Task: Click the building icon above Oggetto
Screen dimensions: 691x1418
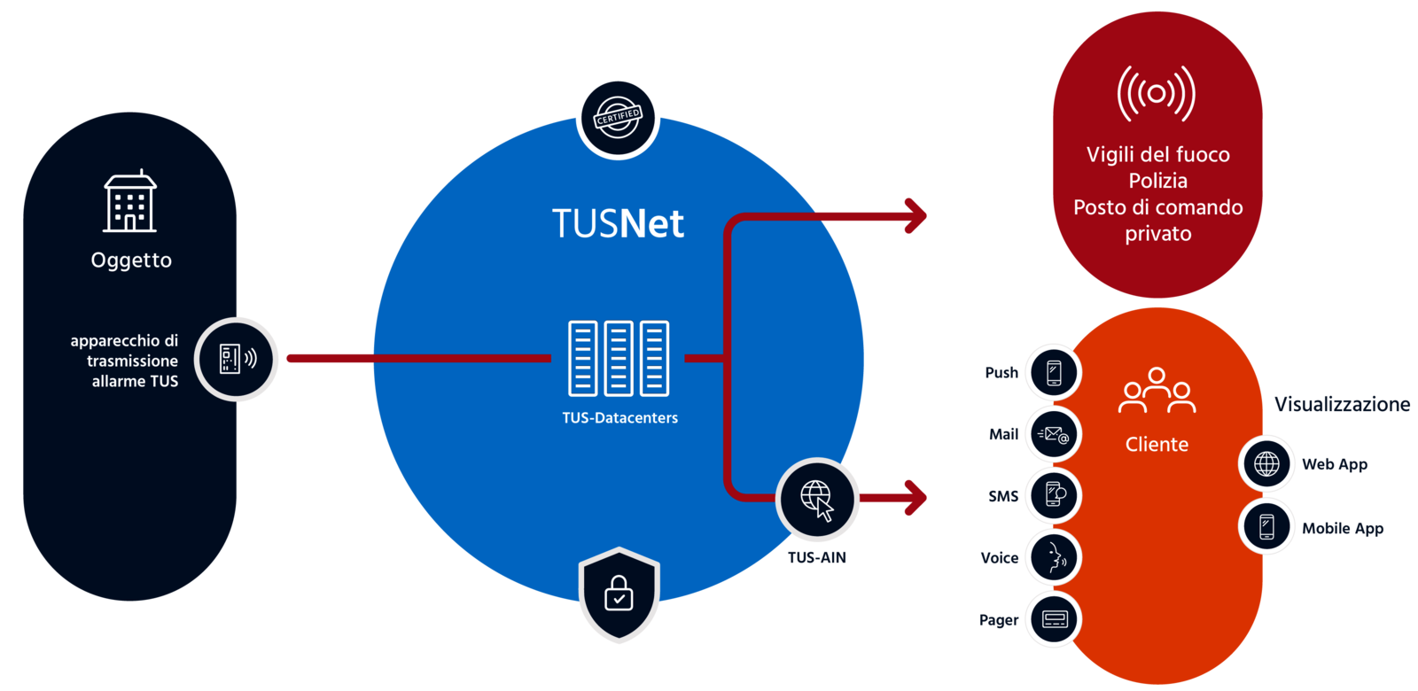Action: [129, 202]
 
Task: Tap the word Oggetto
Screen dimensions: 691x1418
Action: [131, 260]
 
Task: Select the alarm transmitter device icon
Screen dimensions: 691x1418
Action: [237, 359]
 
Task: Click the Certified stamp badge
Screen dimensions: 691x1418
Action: [618, 117]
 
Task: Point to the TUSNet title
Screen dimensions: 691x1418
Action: [618, 223]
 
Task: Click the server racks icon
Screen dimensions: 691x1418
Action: [619, 358]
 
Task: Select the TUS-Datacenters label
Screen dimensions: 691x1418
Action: [619, 417]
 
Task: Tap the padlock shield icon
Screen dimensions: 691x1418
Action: [619, 594]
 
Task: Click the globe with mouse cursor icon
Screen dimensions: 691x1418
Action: [817, 500]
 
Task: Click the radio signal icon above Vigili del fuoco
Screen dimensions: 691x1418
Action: [1157, 93]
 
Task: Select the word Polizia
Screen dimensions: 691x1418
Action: [1157, 181]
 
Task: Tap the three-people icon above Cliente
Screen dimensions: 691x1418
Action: [1157, 391]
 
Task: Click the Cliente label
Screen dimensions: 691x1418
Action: [1157, 444]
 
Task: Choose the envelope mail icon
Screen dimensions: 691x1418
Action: [1053, 434]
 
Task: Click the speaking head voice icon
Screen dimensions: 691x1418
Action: [1053, 557]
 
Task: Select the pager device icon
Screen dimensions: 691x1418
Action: [1053, 619]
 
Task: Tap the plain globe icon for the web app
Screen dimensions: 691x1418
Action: [1266, 463]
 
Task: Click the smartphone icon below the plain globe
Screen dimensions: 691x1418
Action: [1266, 526]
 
